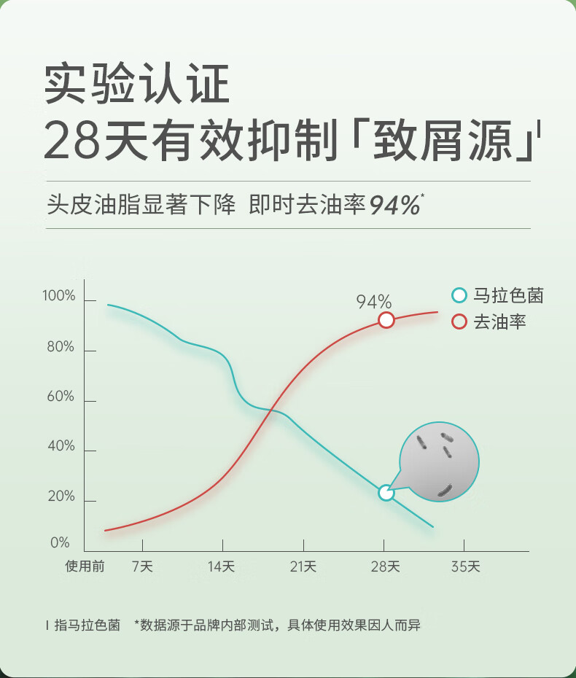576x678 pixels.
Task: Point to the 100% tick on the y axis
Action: tap(59, 296)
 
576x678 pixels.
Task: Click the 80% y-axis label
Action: tap(61, 347)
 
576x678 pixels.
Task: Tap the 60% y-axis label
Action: tap(61, 397)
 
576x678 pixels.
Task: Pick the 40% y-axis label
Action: tap(61, 446)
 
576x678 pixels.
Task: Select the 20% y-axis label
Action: tap(61, 496)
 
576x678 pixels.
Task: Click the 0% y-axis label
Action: tap(60, 543)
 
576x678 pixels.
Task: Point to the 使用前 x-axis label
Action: tap(85, 566)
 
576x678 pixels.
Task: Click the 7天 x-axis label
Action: tap(142, 566)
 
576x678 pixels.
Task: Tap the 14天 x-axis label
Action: tap(222, 566)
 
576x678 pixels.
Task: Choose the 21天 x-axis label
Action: tap(303, 566)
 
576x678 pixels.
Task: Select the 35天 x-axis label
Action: tap(464, 566)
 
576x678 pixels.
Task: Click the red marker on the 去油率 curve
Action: tap(386, 320)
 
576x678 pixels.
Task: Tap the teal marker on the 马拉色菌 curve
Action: tap(386, 493)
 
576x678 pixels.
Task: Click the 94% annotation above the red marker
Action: tap(374, 302)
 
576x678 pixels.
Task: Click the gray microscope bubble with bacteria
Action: tap(440, 461)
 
